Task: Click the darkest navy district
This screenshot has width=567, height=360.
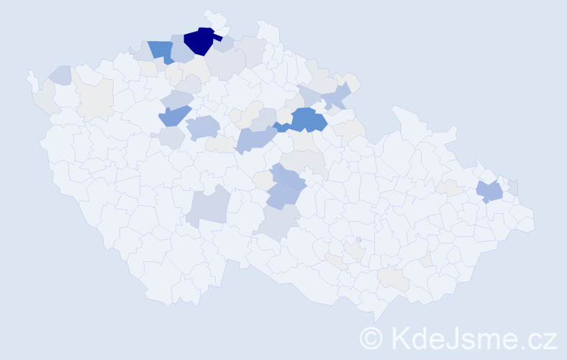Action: tap(198, 42)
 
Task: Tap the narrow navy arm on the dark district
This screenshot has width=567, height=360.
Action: tap(217, 37)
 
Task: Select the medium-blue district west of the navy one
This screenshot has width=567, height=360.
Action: tap(162, 51)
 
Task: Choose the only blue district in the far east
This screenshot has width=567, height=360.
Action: tap(490, 192)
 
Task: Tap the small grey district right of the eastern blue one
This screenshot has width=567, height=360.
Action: tap(512, 188)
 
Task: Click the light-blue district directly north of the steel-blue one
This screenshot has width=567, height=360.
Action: tap(177, 99)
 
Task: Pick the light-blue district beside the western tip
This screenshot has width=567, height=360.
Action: tap(60, 75)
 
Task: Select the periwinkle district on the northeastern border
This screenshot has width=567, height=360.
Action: tap(336, 94)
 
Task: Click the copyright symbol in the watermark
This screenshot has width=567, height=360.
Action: tap(371, 338)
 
